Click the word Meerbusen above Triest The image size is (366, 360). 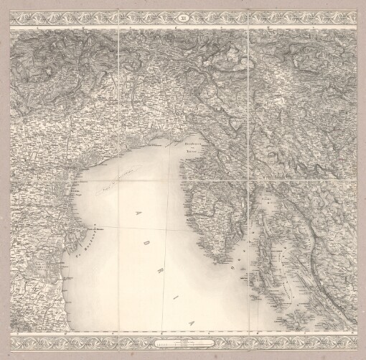[x=186, y=144]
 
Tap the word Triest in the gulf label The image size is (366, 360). [x=189, y=151]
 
